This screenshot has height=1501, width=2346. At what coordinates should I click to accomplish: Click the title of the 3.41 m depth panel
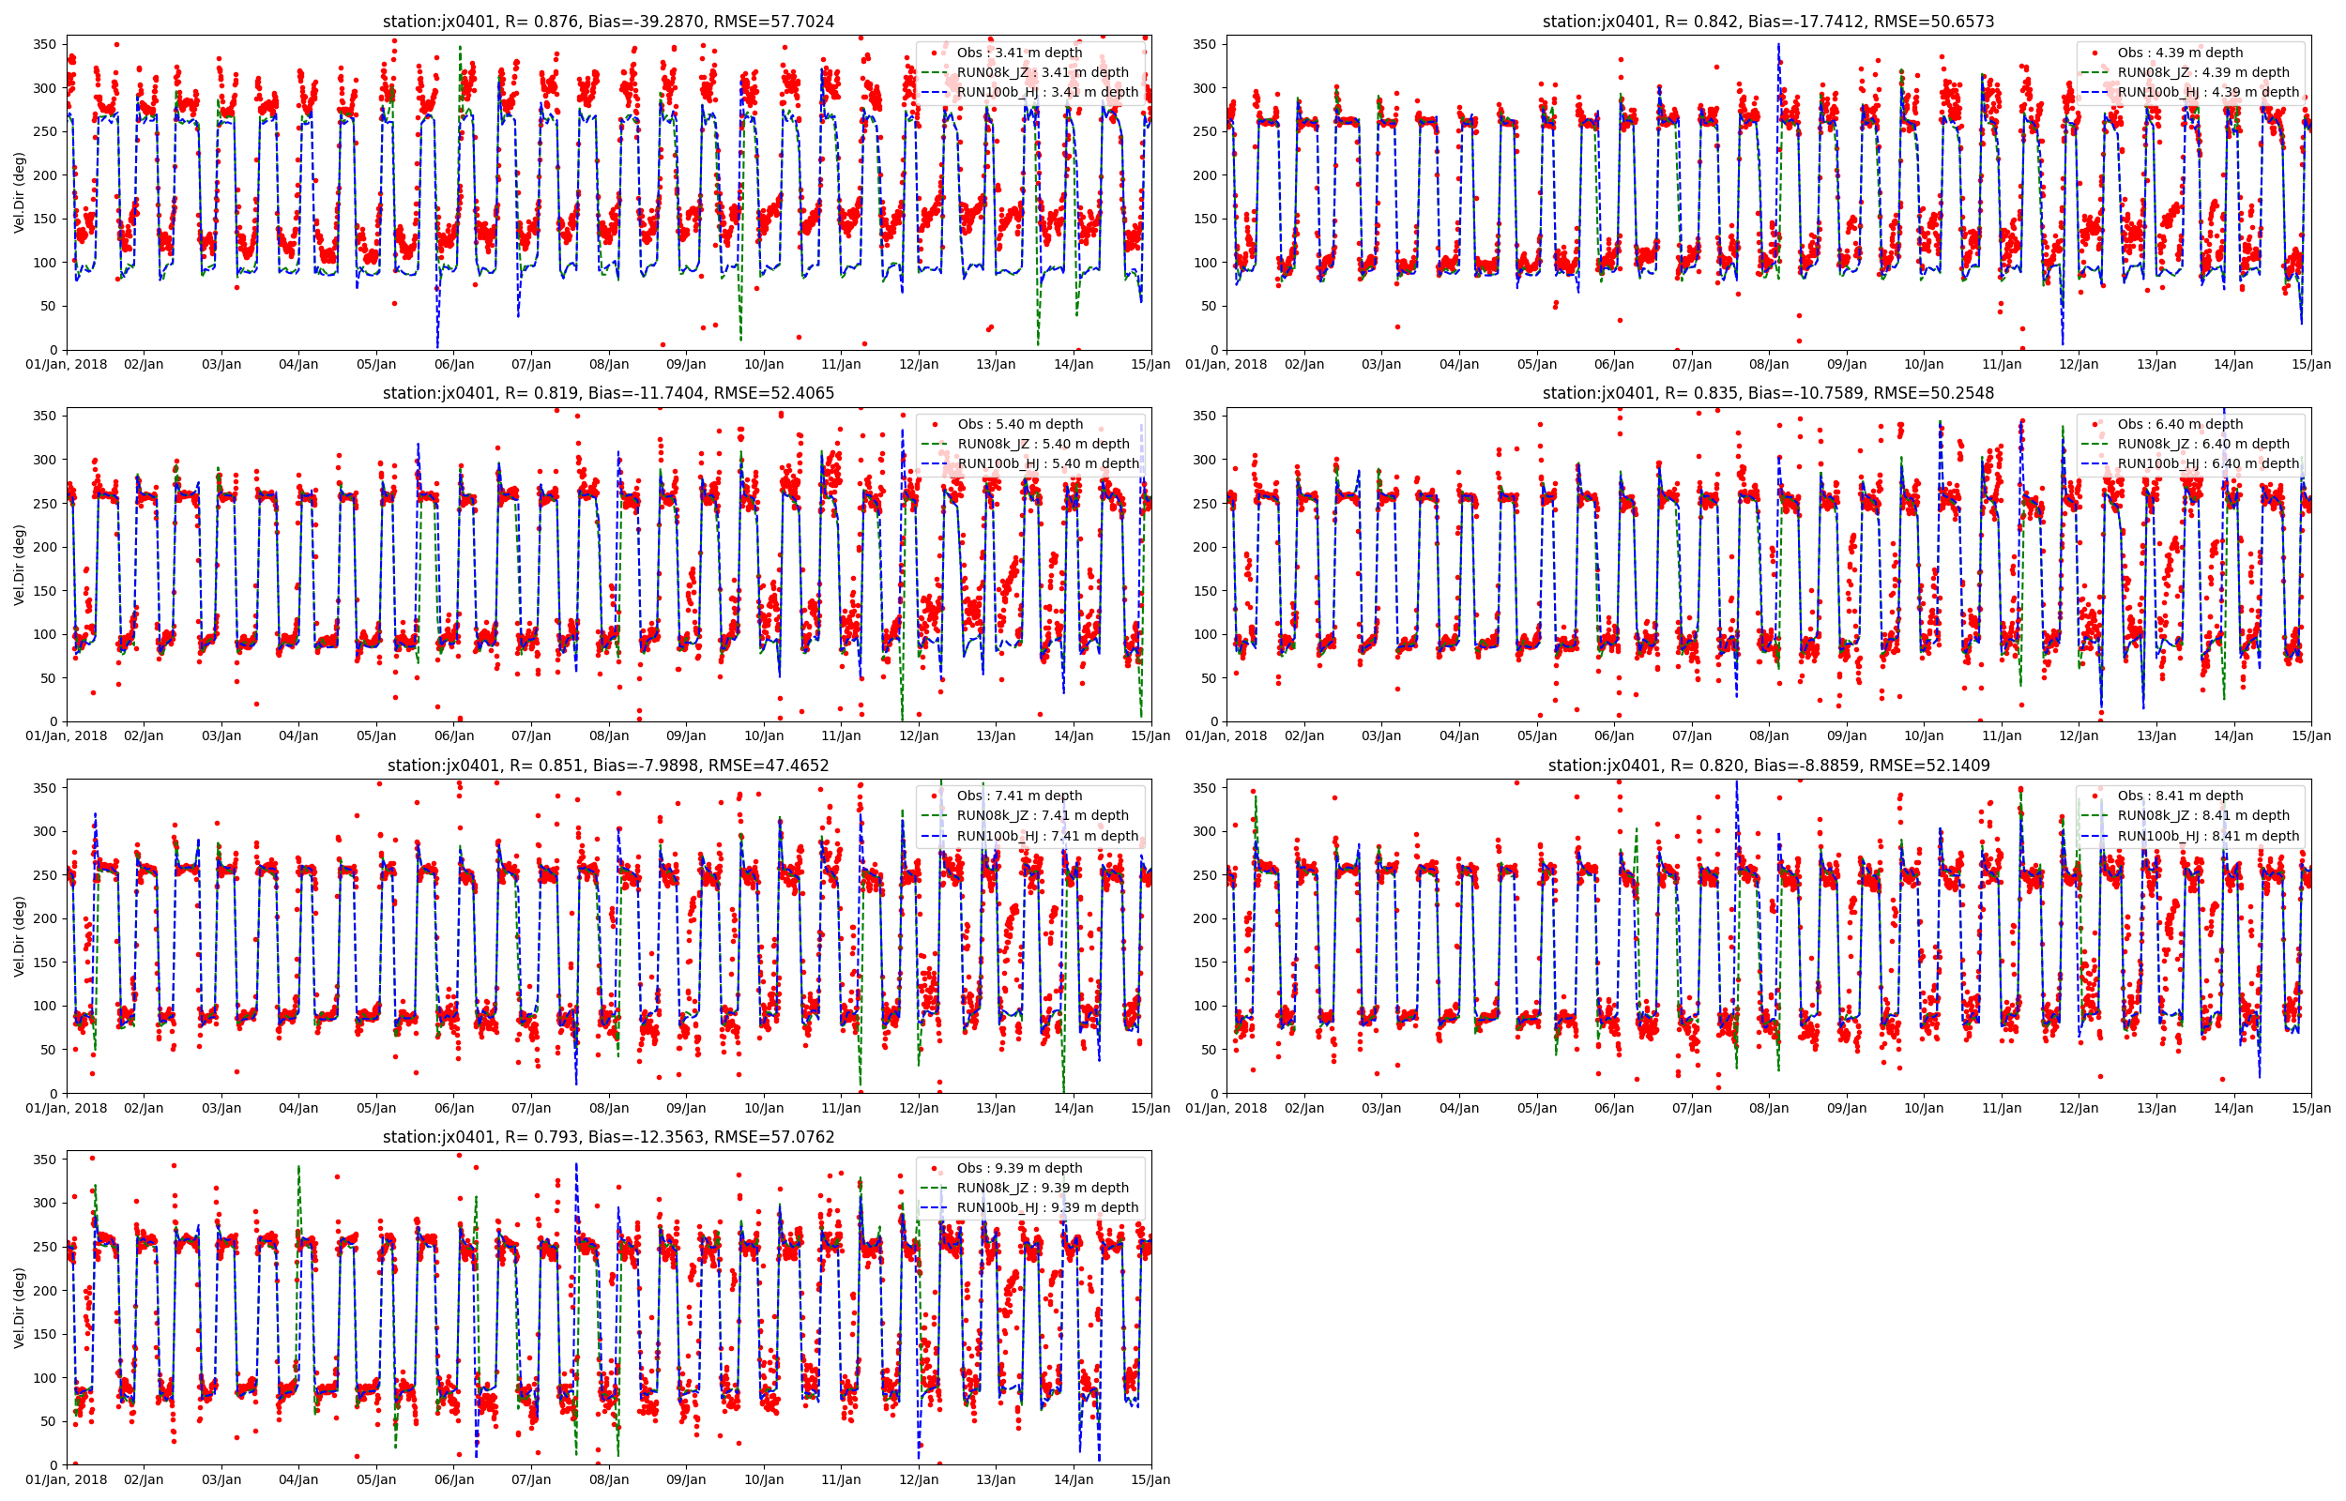(x=608, y=22)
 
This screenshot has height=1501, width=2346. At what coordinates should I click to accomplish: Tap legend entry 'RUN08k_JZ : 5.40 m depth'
(x=1043, y=444)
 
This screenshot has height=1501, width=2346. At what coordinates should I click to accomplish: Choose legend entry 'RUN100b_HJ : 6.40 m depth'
(x=2208, y=464)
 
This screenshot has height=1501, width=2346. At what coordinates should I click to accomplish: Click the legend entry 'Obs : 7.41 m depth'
(x=1019, y=796)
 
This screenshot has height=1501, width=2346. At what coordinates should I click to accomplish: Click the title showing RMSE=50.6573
(x=1768, y=22)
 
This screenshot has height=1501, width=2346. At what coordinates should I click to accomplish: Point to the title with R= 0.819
(x=608, y=393)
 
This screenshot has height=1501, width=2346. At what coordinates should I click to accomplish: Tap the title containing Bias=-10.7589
(x=1768, y=393)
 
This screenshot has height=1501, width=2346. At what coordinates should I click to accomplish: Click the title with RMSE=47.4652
(x=608, y=766)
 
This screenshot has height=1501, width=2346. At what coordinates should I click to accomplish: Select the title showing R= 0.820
(x=1768, y=766)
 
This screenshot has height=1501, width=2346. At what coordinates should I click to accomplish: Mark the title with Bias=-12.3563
(x=608, y=1136)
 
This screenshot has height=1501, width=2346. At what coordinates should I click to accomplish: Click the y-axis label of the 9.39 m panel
(x=20, y=1307)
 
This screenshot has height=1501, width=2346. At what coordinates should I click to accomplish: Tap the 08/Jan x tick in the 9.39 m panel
(x=608, y=1479)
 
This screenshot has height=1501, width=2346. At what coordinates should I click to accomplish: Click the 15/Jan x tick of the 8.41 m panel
(x=2311, y=1108)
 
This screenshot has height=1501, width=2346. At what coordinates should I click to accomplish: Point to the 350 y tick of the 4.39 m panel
(x=1206, y=44)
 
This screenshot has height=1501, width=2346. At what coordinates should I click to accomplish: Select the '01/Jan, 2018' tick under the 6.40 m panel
(x=1226, y=735)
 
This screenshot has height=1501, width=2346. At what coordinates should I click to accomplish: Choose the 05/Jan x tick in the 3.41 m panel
(x=376, y=365)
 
